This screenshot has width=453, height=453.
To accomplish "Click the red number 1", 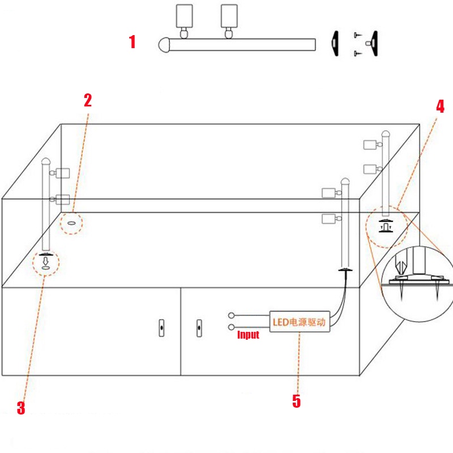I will point(133,42).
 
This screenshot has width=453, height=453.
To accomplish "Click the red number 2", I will point(88,100).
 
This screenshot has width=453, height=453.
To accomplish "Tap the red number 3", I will point(21,408).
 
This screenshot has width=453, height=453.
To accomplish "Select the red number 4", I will point(441,106).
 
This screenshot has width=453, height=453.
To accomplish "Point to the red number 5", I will point(296,401).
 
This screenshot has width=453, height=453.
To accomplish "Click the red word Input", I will point(248,335).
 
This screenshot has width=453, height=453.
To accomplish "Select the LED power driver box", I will point(299,322).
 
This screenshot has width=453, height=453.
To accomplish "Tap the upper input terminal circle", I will point(231,315).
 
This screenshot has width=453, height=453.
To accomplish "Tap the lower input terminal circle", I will point(231,328).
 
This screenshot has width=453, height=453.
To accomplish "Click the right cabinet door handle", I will point(199,328).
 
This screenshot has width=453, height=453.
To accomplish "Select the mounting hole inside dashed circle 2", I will point(71,223).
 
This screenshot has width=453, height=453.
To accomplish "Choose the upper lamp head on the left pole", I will point(61,172).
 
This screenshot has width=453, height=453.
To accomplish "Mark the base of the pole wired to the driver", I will point(345,271).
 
